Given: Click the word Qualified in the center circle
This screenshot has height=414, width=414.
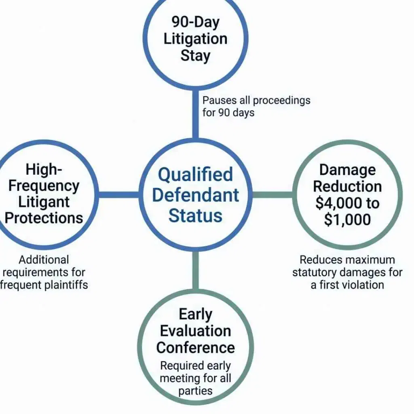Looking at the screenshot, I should [x=195, y=175].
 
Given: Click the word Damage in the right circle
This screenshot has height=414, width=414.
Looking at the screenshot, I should [x=347, y=170].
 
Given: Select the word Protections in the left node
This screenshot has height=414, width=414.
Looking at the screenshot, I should [x=44, y=218].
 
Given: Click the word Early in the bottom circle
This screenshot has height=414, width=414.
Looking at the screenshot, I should [x=195, y=314].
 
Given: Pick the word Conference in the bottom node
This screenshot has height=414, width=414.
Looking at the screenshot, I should [x=195, y=347].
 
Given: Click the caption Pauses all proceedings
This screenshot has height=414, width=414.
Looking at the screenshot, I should [x=256, y=100].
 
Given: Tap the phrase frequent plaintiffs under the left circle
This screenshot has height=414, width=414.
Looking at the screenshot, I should [x=44, y=284].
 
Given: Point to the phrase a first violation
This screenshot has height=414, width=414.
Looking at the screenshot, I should [x=347, y=284].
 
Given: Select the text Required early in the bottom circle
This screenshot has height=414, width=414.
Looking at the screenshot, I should [x=195, y=366].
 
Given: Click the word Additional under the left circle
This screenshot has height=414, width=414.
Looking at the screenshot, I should [x=44, y=260].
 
